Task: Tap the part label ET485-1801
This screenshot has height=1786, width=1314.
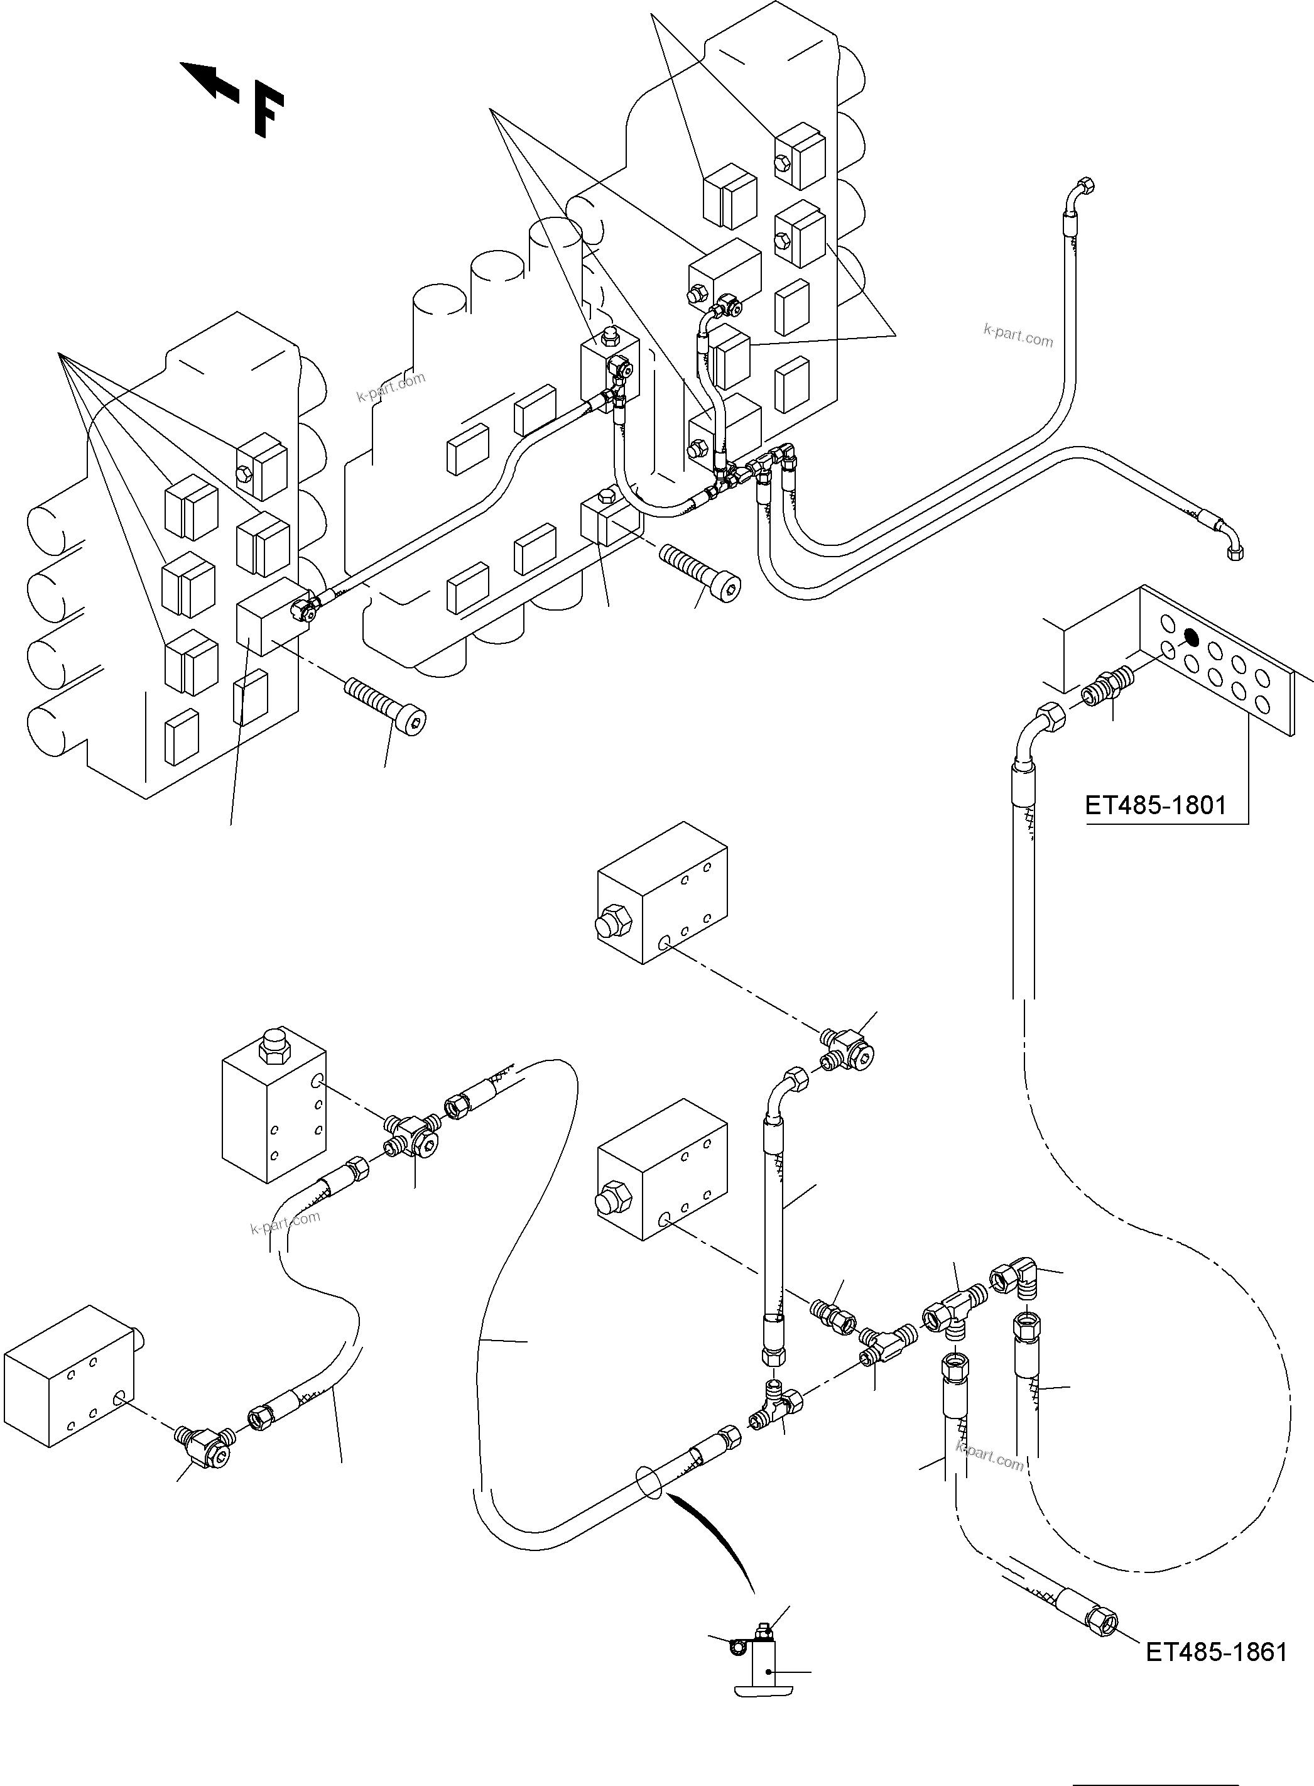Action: click(x=1155, y=806)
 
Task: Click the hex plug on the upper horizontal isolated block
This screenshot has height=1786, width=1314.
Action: click(x=612, y=922)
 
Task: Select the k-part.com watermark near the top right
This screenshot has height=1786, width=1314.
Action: click(x=1018, y=335)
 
